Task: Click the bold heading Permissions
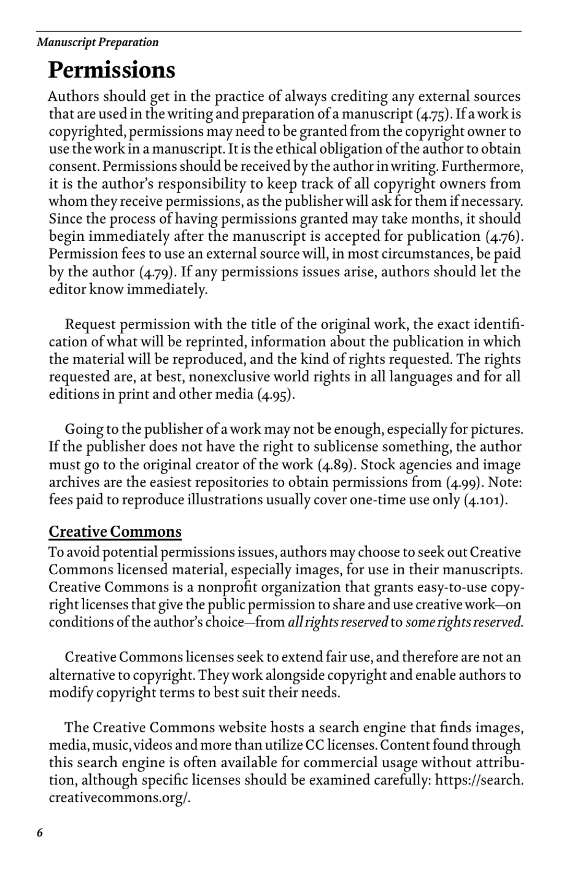point(112,70)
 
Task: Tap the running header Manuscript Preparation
point(98,42)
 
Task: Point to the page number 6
point(40,833)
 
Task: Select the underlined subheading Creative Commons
point(115,531)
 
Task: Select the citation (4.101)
point(485,500)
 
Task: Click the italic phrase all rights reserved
point(338,622)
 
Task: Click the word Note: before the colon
point(504,482)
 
